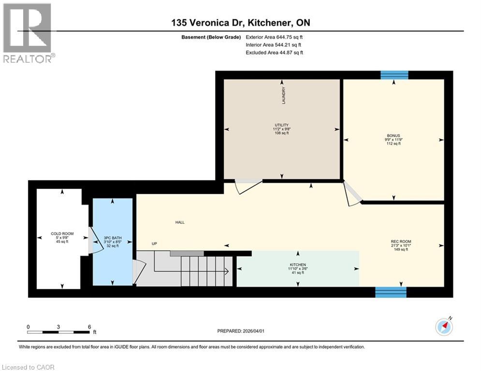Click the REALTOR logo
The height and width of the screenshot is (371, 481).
[28, 33]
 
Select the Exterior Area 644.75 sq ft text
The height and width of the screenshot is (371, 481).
[275, 37]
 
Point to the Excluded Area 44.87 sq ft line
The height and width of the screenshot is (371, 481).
[275, 53]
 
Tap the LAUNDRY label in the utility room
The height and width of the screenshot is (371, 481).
[284, 95]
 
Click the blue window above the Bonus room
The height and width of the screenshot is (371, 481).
[394, 74]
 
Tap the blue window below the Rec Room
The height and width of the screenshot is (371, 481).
[391, 292]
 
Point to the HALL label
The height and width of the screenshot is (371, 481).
[180, 222]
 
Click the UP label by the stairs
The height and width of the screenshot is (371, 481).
[154, 243]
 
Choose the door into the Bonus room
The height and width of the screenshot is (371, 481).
[352, 194]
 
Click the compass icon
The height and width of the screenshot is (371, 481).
[444, 327]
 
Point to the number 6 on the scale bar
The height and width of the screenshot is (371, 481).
[89, 327]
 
